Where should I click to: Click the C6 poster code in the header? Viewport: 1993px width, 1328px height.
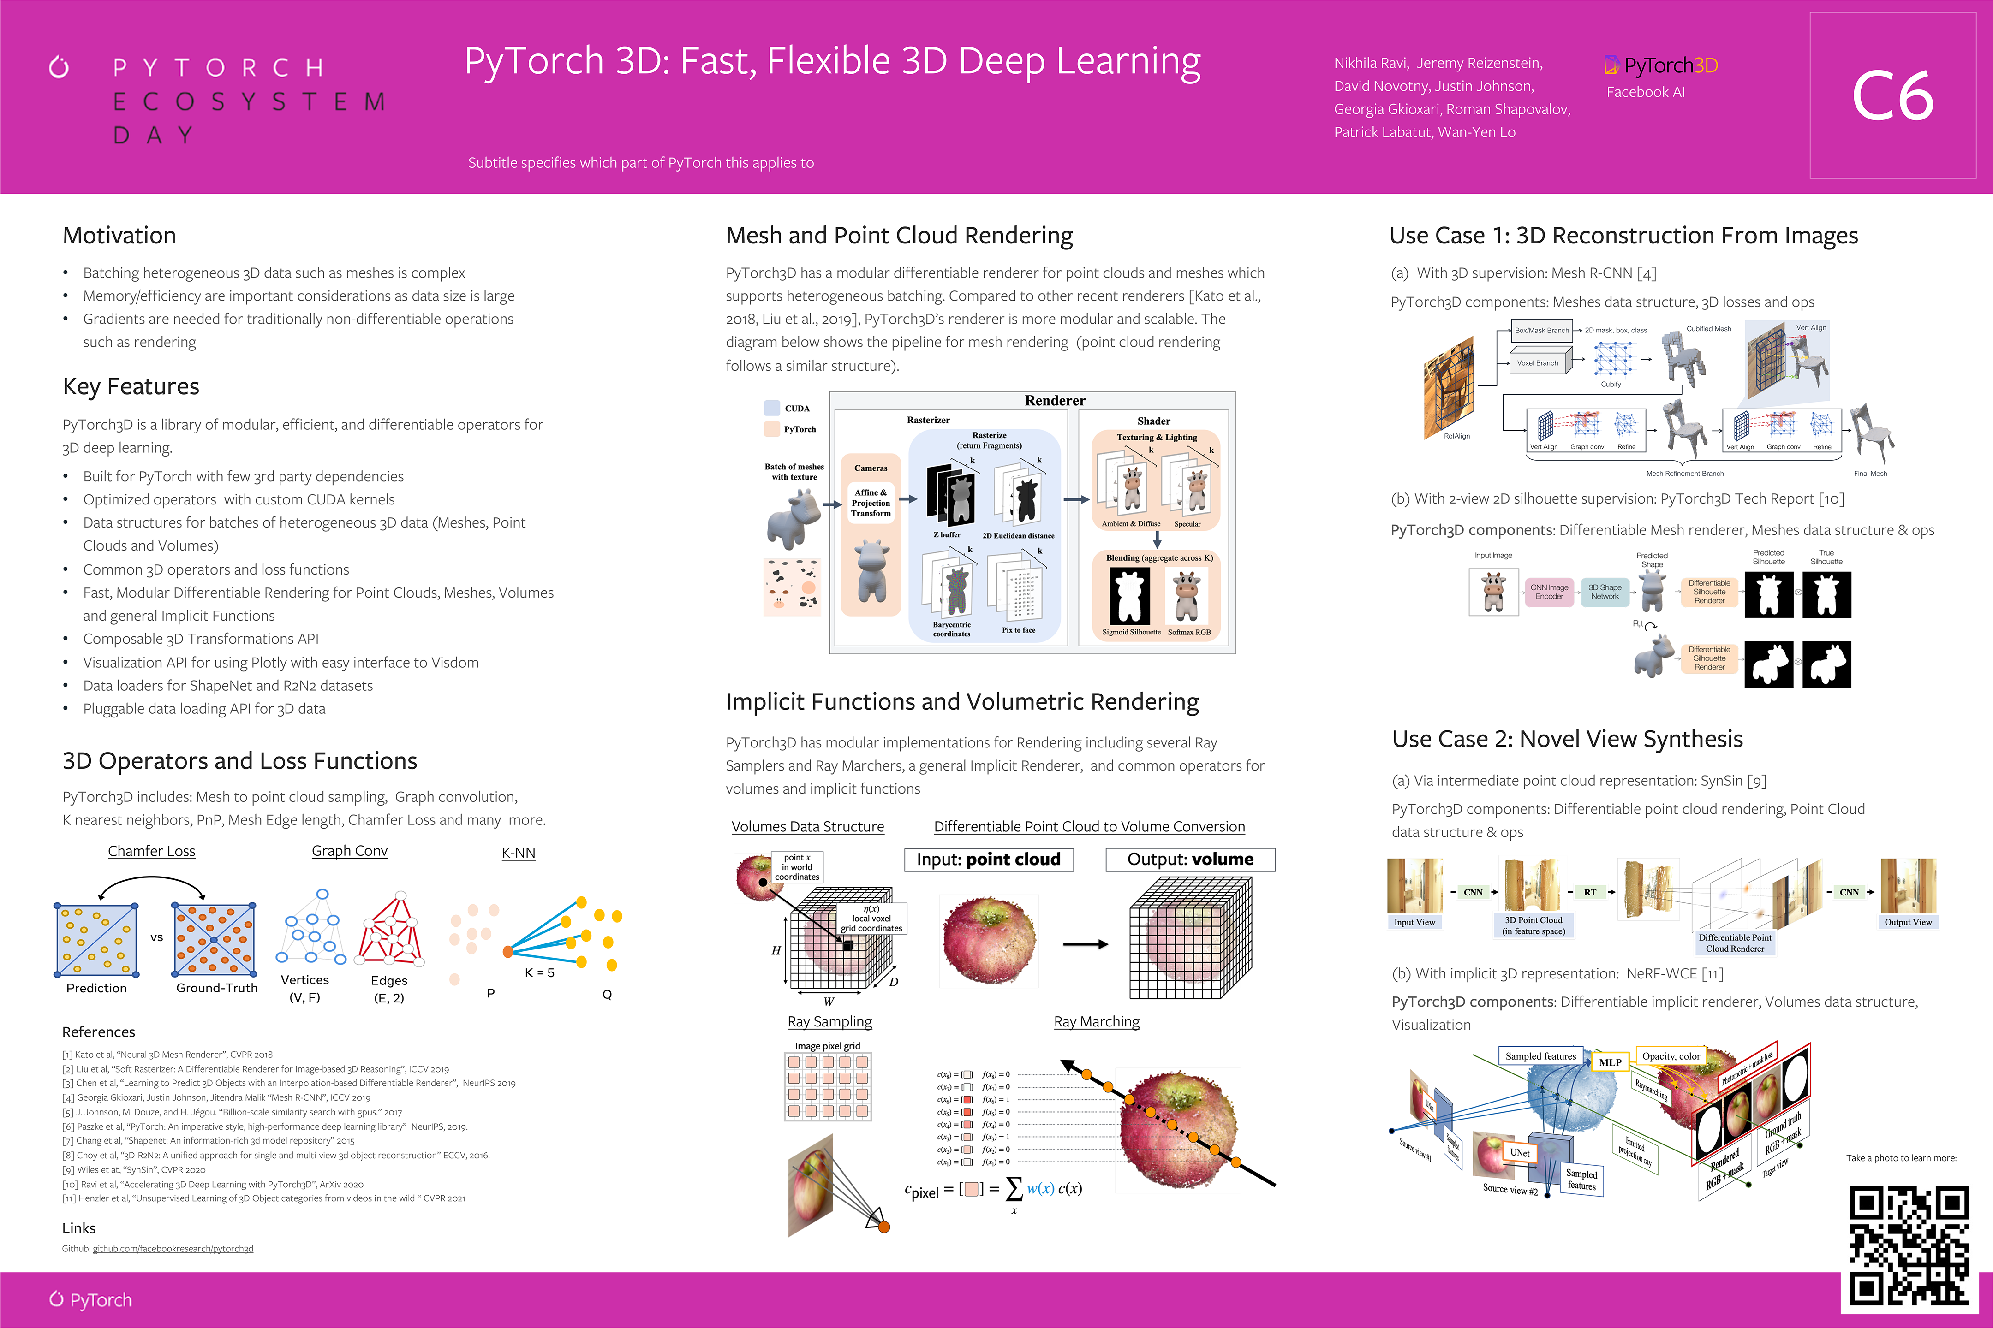pyautogui.click(x=1892, y=96)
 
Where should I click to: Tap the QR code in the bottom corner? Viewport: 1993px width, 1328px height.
pyautogui.click(x=1908, y=1245)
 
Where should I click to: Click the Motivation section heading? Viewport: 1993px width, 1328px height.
pyautogui.click(x=119, y=236)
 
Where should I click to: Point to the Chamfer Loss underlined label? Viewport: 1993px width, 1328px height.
pyautogui.click(x=152, y=851)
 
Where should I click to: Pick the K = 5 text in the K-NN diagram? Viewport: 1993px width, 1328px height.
pyautogui.click(x=539, y=972)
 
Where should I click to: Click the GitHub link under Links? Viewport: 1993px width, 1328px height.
pyautogui.click(x=173, y=1248)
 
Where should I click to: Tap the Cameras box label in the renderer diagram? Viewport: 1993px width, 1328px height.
pyautogui.click(x=870, y=468)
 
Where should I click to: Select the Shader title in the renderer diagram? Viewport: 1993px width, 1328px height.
pyautogui.click(x=1153, y=421)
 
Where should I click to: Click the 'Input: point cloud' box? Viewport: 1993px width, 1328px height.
pyautogui.click(x=988, y=860)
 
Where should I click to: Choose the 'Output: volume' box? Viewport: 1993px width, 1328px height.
pyautogui.click(x=1190, y=860)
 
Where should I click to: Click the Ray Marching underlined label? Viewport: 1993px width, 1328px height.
pyautogui.click(x=1097, y=1021)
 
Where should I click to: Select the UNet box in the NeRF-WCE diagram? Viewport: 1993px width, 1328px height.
pyautogui.click(x=1519, y=1153)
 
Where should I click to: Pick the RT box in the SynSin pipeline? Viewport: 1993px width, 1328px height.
pyautogui.click(x=1590, y=892)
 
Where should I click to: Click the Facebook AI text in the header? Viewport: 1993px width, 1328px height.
pyautogui.click(x=1646, y=92)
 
